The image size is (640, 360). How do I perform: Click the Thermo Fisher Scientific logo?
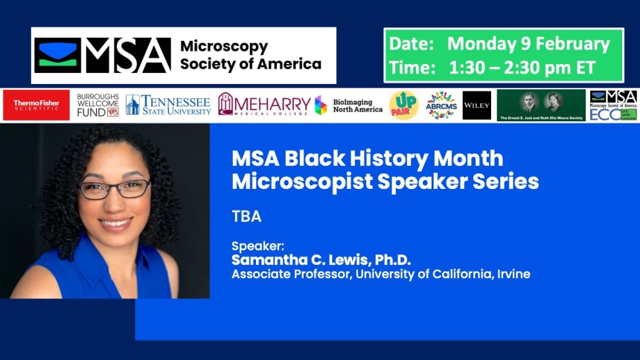(x=36, y=106)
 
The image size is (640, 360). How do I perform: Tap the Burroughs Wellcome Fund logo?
(x=97, y=106)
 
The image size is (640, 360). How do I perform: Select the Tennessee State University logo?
(x=167, y=105)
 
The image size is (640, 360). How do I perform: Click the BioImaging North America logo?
(x=348, y=106)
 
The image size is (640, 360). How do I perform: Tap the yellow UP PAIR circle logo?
(x=403, y=106)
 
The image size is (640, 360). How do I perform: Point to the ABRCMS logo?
(x=441, y=106)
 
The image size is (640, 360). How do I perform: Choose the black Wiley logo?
(x=476, y=106)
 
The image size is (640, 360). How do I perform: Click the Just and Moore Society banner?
(x=541, y=106)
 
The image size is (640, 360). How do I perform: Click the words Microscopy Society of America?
(x=251, y=56)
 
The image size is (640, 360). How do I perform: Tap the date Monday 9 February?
(x=528, y=44)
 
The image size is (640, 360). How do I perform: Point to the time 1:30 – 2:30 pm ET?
(x=522, y=67)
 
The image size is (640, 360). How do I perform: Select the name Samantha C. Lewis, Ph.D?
(x=321, y=260)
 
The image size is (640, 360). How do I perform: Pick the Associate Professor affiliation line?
(x=380, y=274)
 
